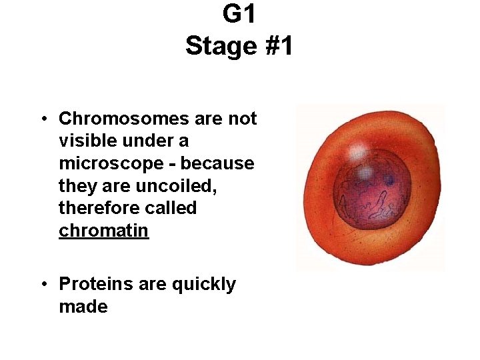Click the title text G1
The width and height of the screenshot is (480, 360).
[239, 14]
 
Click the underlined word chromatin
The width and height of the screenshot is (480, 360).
[103, 231]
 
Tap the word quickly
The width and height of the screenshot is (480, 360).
[204, 285]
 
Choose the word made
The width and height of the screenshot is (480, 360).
[83, 307]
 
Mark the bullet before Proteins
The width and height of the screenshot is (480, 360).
[42, 285]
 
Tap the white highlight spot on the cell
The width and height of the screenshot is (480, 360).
[359, 150]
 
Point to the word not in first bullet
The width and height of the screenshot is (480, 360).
[243, 119]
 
